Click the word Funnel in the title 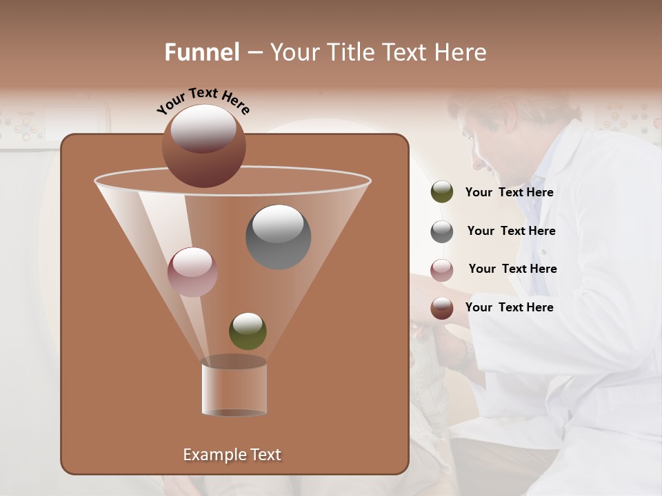pos(202,52)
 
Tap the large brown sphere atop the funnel pos(203,145)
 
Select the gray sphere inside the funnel pos(278,236)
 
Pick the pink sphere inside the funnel pos(192,271)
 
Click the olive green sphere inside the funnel pos(248,331)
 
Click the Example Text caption pos(232,455)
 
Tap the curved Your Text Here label pos(203,101)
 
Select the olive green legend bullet pos(442,192)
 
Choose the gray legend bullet pos(442,231)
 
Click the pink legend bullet pos(442,270)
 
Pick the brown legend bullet pos(442,308)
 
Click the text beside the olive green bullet pos(509,193)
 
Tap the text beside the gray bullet pos(511,231)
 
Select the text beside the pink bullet pos(512,269)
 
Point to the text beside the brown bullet pos(509,307)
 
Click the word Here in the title pos(461,52)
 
